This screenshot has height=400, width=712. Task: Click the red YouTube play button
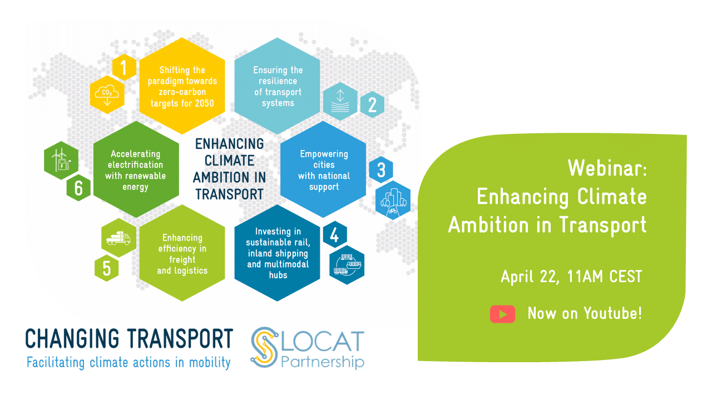click(502, 314)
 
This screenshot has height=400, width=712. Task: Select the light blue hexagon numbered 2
click(372, 104)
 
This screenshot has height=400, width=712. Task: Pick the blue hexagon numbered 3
click(381, 170)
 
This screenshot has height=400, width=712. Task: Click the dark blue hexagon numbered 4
click(334, 236)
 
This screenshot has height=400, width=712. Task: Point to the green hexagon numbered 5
click(106, 268)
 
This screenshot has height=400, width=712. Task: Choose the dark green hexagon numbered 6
click(78, 188)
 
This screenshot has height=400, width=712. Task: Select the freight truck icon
click(118, 238)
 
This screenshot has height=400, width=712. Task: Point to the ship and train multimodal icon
click(347, 264)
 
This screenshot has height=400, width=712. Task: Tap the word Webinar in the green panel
click(607, 167)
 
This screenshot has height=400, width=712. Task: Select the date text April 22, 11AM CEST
click(571, 276)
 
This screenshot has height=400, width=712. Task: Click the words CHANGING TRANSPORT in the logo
click(129, 338)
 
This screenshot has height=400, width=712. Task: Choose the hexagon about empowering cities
click(323, 170)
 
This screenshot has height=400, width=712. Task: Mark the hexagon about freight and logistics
click(182, 253)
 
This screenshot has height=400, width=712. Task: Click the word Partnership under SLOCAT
click(323, 363)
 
